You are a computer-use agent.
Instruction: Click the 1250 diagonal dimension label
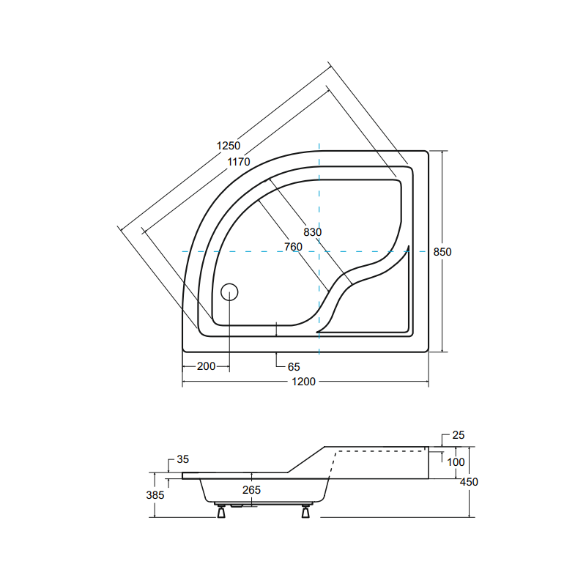point(229,146)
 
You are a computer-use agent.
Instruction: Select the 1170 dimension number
point(239,162)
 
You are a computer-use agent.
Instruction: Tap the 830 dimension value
point(313,231)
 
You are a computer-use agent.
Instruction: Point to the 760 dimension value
point(293,247)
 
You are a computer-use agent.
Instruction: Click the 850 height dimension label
point(442,251)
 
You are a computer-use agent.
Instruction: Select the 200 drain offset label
point(207,366)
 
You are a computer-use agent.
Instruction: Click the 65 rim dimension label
point(293,366)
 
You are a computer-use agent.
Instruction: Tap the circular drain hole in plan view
point(230,292)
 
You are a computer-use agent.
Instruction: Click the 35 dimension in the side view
point(182,460)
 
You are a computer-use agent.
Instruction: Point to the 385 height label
point(155,495)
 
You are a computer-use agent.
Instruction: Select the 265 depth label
point(251,489)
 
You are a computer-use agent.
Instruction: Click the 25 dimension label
point(458,436)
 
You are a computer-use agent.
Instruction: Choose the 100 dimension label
point(456,462)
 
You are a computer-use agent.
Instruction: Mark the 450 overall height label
point(469,482)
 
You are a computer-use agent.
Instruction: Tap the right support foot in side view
point(305,511)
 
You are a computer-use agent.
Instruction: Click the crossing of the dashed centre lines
point(320,251)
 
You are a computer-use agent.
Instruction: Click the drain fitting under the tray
point(238,504)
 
